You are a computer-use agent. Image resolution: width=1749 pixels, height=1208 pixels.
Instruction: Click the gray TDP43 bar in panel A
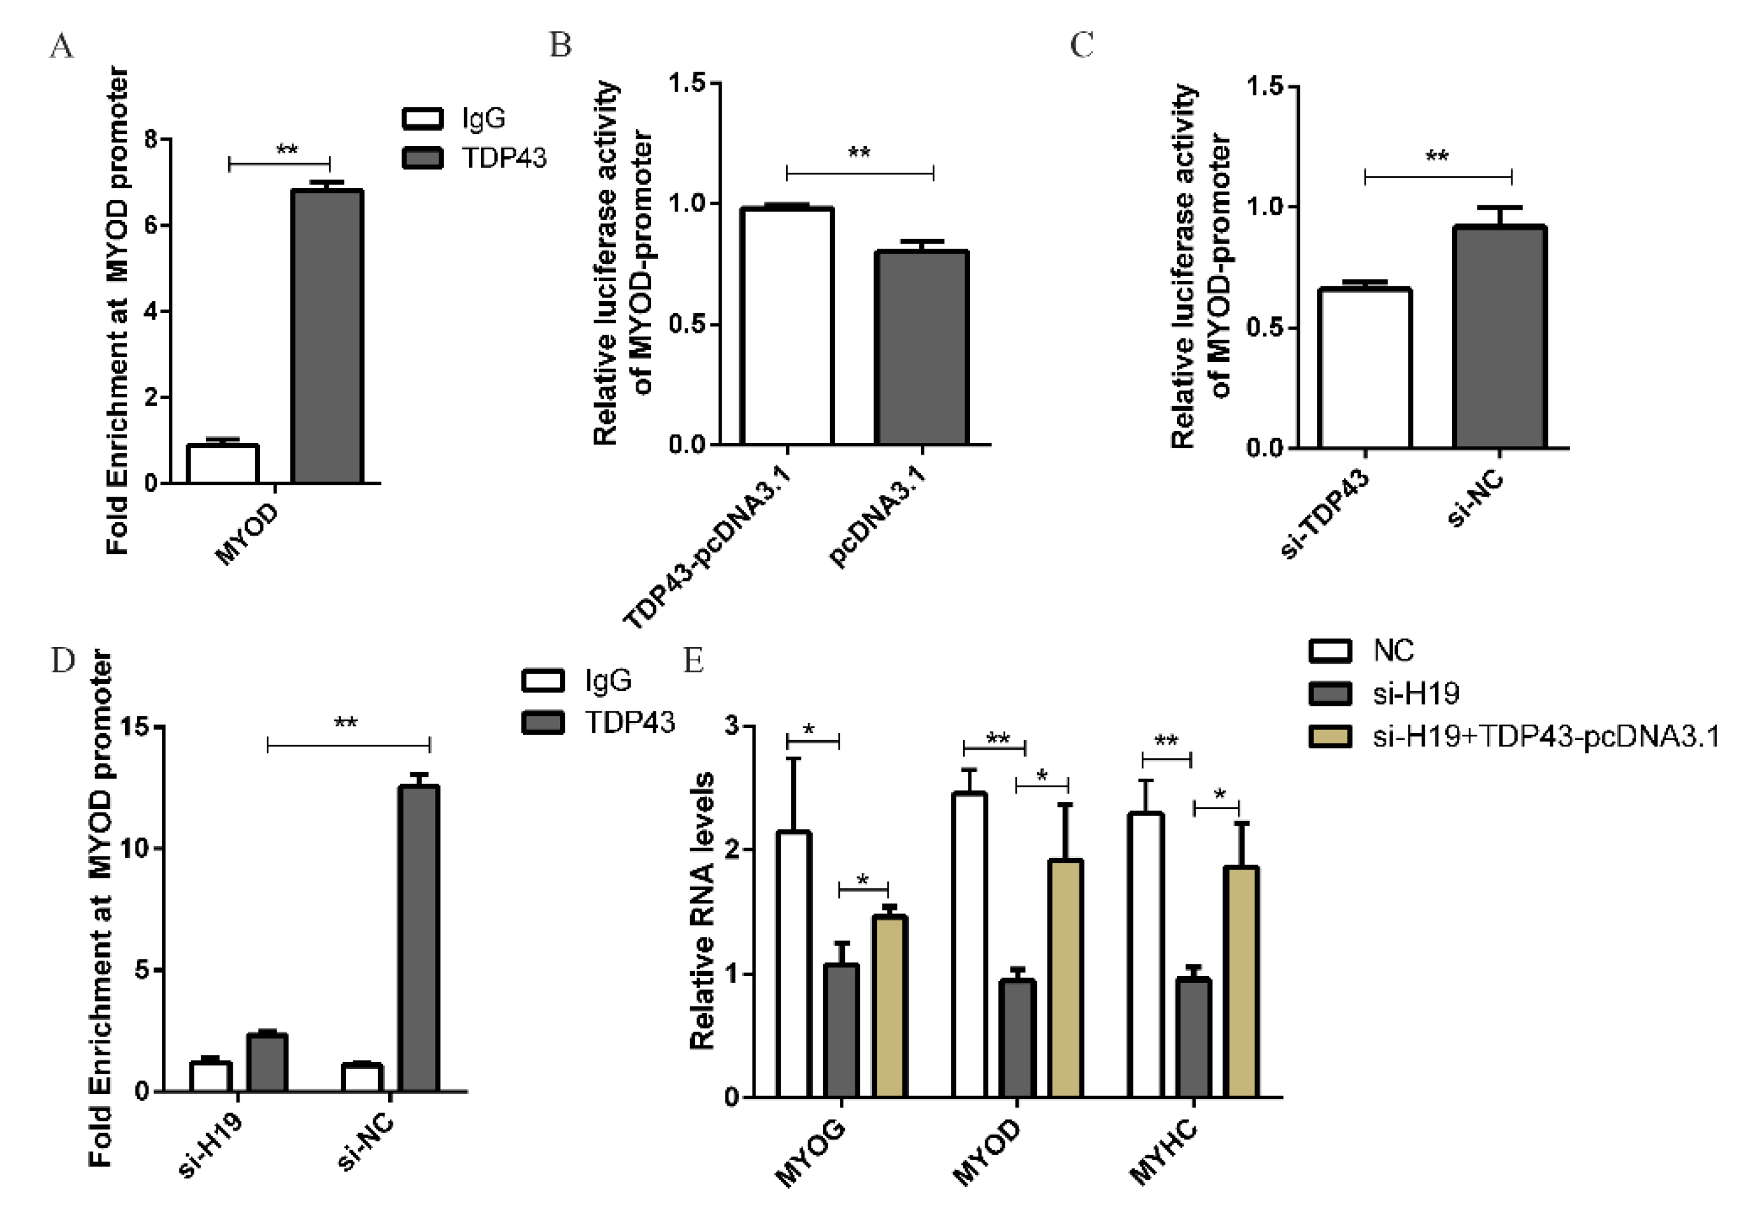click(x=327, y=337)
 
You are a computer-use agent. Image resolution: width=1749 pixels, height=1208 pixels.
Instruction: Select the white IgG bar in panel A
click(x=223, y=464)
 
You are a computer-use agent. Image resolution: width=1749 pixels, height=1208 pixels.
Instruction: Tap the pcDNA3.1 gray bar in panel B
click(x=922, y=348)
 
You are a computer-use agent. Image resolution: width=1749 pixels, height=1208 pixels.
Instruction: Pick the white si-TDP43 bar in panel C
click(x=1365, y=369)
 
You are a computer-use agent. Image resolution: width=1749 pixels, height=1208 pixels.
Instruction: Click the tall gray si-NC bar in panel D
click(x=419, y=938)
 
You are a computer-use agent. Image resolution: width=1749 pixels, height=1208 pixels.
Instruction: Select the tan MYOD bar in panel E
click(x=1065, y=978)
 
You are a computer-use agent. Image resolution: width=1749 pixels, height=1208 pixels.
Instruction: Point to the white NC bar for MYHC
click(x=1146, y=954)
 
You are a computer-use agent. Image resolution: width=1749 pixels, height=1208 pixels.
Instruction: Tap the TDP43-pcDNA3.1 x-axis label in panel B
click(x=708, y=549)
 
